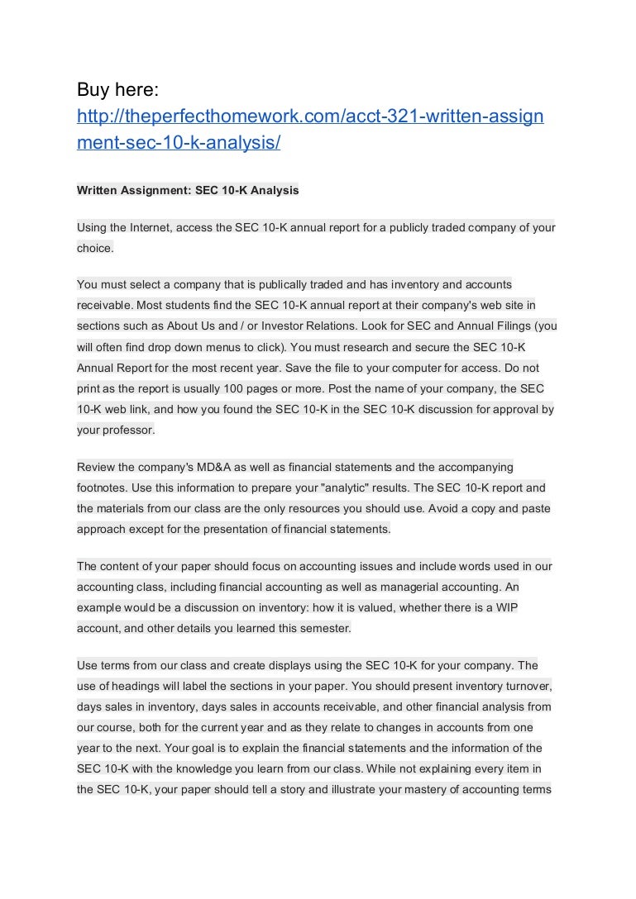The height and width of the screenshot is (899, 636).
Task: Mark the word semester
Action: [x=325, y=627]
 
